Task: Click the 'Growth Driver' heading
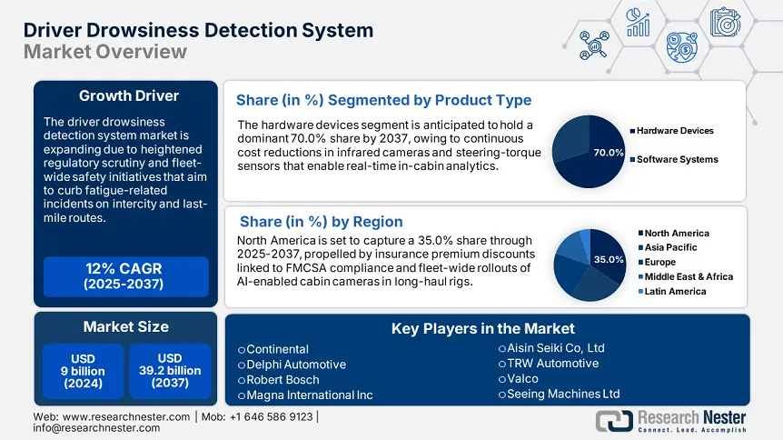coord(128,95)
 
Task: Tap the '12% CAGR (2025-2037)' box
coord(125,276)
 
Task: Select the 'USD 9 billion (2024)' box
coord(83,371)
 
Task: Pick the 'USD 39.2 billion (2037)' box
coord(169,371)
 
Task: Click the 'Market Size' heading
coord(125,326)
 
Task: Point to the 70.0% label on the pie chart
coord(608,153)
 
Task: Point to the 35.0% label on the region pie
coord(608,260)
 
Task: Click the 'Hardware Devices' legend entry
coord(674,131)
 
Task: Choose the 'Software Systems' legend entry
coord(677,159)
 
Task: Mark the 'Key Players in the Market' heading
coord(482,329)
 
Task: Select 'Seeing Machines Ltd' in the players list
coord(563,394)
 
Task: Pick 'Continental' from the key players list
coord(277,349)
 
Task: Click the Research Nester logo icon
coord(614,420)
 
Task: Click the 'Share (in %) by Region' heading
coord(321,221)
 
